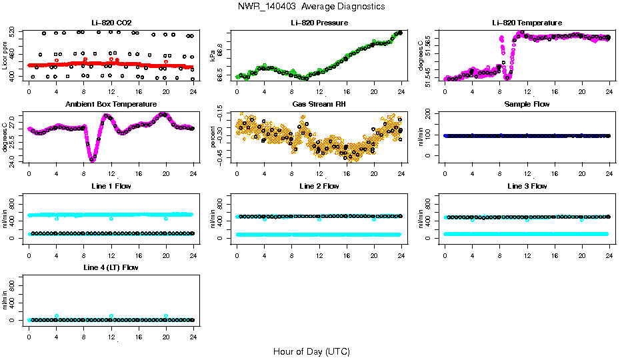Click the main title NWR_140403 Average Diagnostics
click(x=311, y=6)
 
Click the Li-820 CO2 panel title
click(x=111, y=23)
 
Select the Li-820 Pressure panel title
click(x=319, y=23)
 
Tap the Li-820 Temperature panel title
click(x=527, y=23)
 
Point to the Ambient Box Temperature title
click(x=111, y=104)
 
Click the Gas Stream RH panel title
click(x=319, y=104)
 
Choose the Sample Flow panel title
click(x=527, y=104)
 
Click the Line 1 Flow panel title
click(x=111, y=186)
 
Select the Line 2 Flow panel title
click(x=319, y=186)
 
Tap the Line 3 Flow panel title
click(x=527, y=186)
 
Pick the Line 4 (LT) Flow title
click(x=111, y=267)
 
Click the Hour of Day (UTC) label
click(x=311, y=351)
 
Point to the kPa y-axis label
click(x=213, y=55)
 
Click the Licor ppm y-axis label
click(x=5, y=55)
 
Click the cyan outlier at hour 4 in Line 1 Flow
click(x=57, y=219)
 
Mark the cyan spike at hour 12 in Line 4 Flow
click(x=111, y=316)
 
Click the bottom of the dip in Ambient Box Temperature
click(x=92, y=160)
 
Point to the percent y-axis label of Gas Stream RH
click(x=213, y=137)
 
